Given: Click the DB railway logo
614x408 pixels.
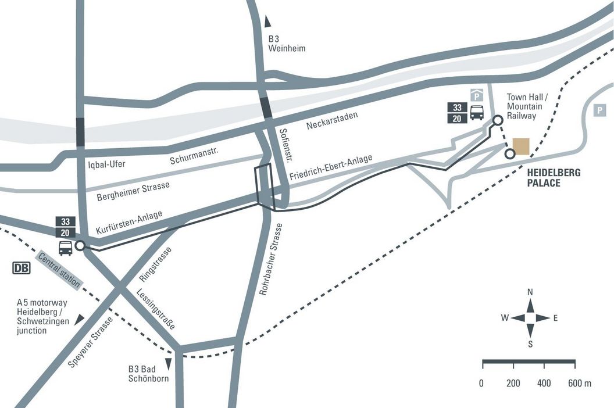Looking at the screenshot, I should click(22, 268).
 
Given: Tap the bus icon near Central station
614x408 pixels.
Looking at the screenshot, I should click(66, 248).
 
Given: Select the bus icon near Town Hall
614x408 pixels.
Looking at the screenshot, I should click(477, 112).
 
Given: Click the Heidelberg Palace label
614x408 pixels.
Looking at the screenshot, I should click(553, 178).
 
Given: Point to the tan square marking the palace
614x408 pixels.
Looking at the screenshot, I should click(520, 146).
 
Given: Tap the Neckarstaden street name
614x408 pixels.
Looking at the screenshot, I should click(331, 120).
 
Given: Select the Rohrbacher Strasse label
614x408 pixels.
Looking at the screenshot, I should click(271, 259).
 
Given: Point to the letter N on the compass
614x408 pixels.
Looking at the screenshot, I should click(530, 292).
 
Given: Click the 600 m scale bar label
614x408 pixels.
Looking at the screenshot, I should click(579, 384).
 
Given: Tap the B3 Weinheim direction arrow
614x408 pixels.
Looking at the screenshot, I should click(267, 22).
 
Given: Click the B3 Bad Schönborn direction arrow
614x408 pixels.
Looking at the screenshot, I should click(169, 364).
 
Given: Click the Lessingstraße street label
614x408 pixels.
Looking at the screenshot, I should click(156, 309).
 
